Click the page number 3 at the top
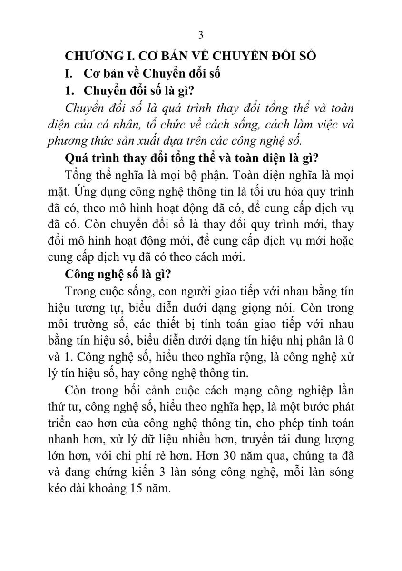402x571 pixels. click(x=201, y=35)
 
